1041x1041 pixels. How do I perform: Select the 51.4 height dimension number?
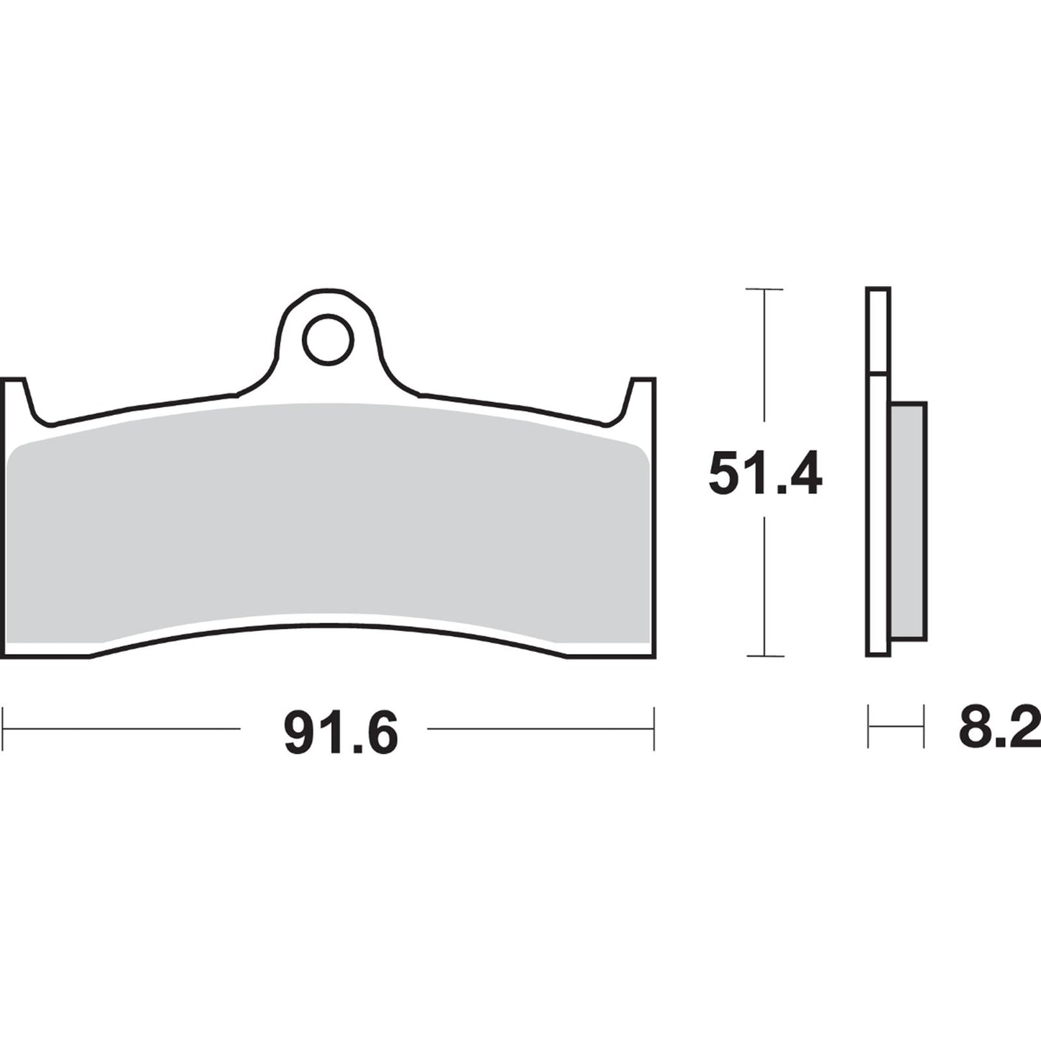point(764,473)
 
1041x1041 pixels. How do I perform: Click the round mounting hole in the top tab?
point(329,339)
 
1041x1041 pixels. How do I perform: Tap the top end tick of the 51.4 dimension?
point(764,290)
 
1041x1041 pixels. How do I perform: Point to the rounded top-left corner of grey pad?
point(22,451)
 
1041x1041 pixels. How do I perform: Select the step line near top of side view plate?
point(879,373)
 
